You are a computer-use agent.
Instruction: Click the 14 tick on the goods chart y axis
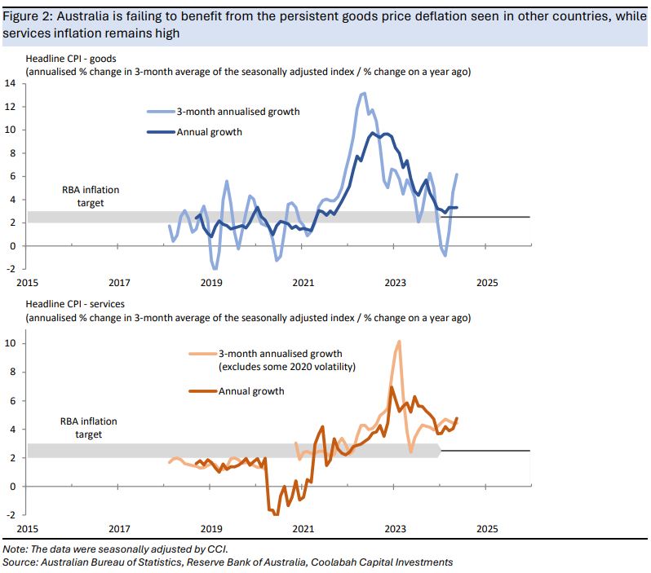[11, 83]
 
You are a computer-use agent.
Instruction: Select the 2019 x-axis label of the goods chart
[211, 283]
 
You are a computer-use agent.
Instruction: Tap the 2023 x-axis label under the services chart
[395, 527]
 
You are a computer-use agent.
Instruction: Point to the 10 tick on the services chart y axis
[11, 343]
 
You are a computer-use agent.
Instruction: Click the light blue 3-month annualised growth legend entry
[216, 112]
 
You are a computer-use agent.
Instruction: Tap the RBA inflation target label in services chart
[88, 428]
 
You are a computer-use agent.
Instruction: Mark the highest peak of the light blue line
[363, 93]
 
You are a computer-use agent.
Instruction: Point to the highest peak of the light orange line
[399, 341]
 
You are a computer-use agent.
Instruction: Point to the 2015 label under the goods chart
[27, 283]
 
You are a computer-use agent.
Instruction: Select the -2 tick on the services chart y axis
[10, 515]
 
